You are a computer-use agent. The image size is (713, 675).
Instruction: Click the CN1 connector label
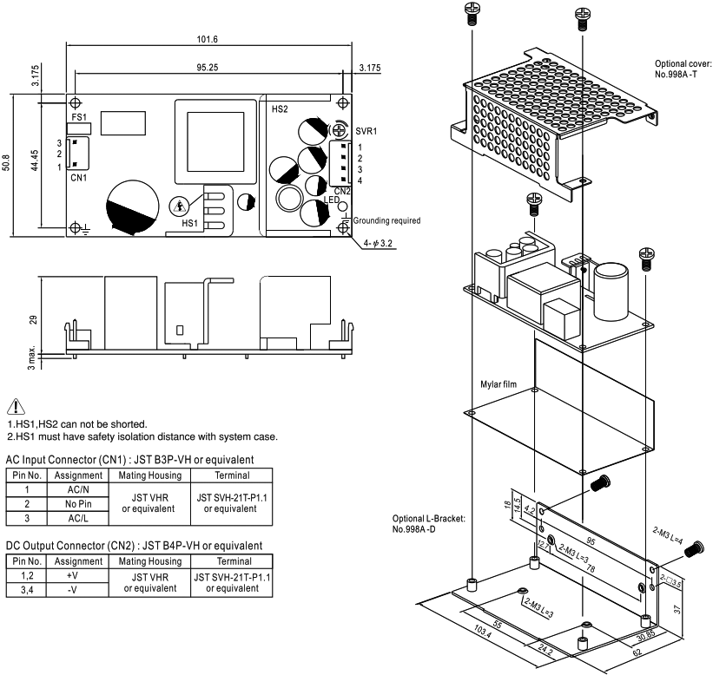(x=78, y=177)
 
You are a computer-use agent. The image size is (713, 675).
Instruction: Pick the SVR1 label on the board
(x=366, y=129)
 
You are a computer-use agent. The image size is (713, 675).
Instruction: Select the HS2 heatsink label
(x=280, y=109)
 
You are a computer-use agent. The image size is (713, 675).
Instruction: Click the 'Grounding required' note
(x=386, y=220)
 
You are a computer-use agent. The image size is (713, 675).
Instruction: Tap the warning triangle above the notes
(x=16, y=406)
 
